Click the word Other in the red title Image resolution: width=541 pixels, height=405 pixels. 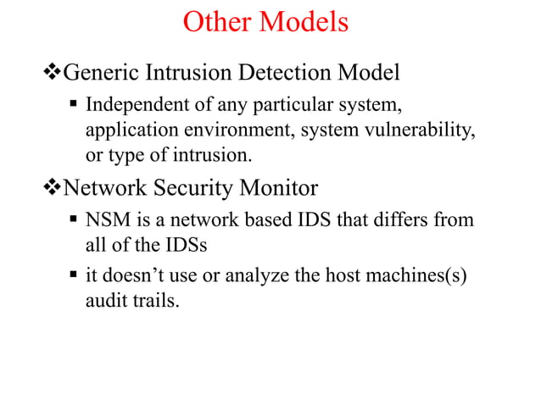click(220, 22)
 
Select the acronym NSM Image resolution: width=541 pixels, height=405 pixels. click(108, 220)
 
